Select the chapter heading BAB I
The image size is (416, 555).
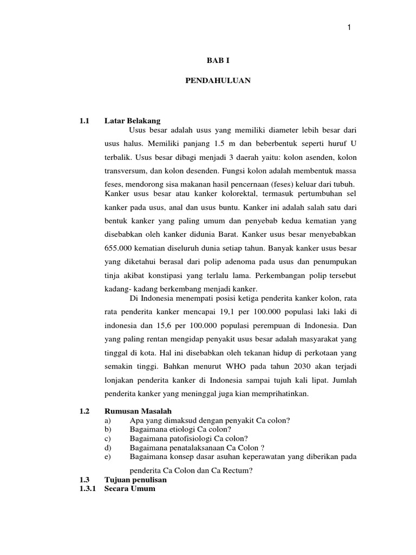215,62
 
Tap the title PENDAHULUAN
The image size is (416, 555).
215,80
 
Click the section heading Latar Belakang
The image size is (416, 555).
132,120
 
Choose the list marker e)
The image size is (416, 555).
107,457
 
